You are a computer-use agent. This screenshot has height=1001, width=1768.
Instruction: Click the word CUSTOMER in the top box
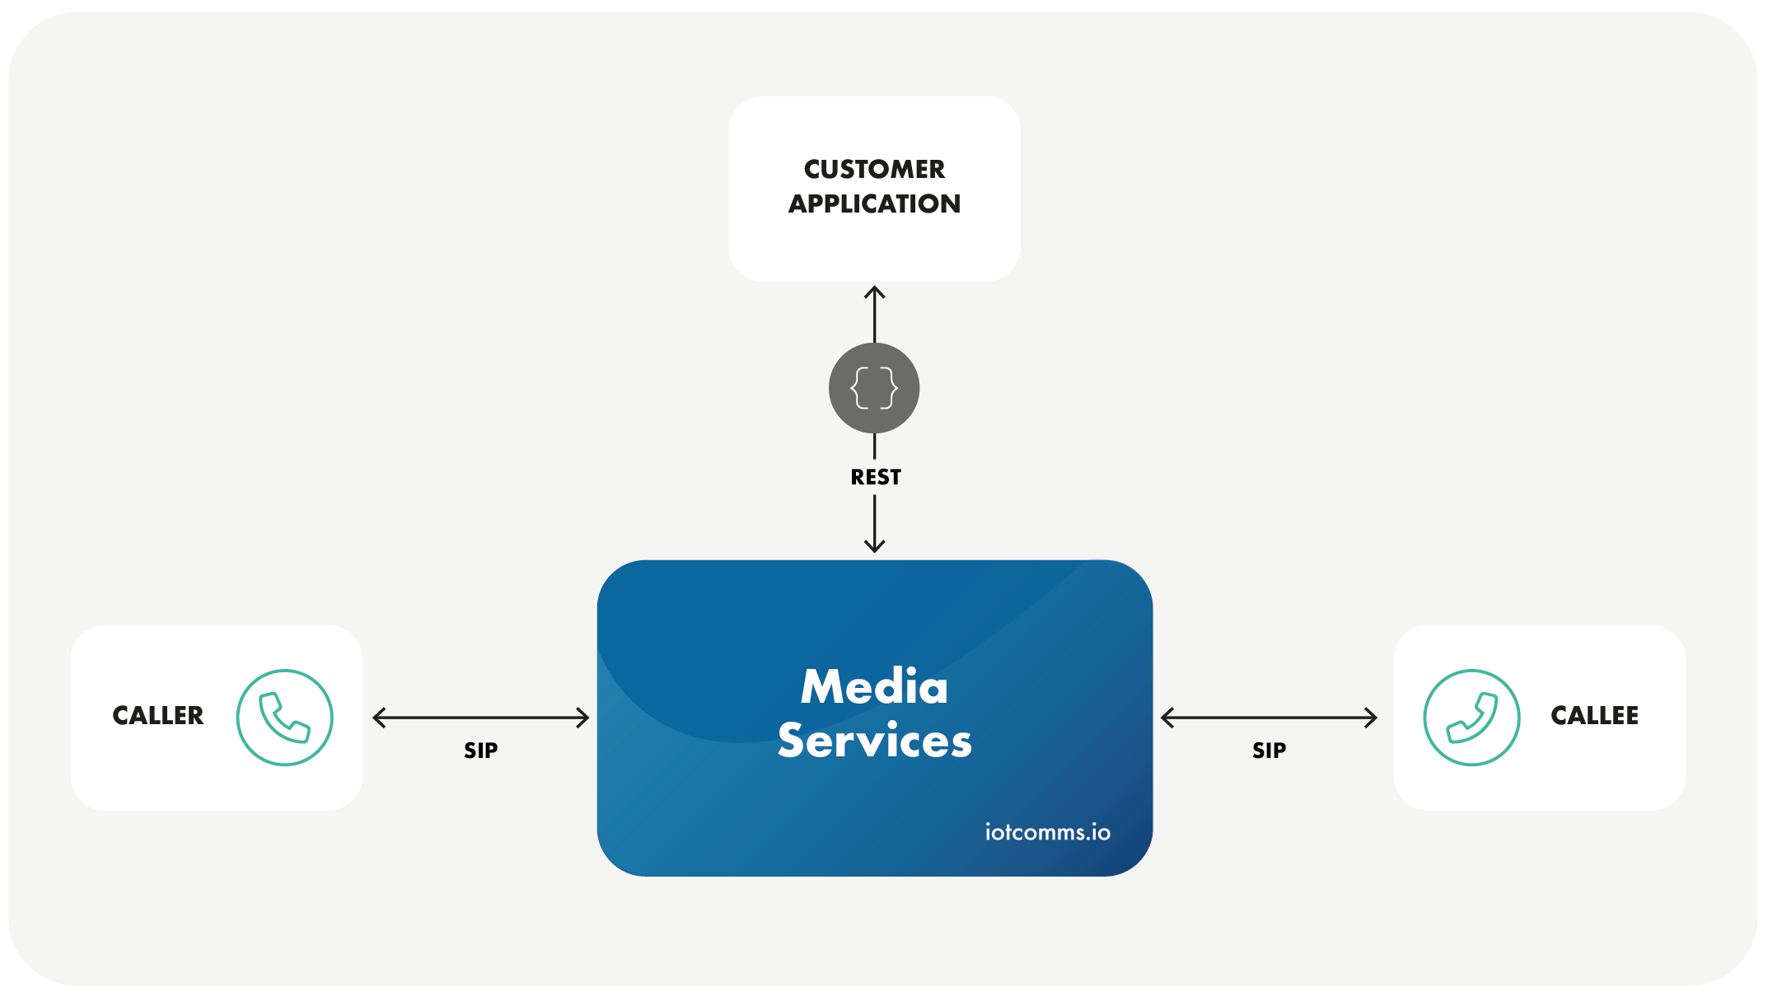tap(874, 170)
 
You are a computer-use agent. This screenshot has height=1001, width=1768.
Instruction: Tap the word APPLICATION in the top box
tap(874, 204)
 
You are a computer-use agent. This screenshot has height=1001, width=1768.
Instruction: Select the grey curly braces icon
tap(874, 388)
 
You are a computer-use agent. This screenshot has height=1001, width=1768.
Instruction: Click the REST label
tap(875, 478)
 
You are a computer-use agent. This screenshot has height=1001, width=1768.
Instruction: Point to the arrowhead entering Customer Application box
tap(874, 292)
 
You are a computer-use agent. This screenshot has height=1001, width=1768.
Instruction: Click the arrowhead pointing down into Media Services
tap(874, 545)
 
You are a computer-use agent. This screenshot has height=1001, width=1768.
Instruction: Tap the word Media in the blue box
tap(874, 687)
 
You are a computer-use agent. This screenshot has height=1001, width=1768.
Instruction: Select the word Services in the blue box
tap(874, 740)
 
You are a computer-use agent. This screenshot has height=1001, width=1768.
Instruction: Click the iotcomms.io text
tap(1047, 832)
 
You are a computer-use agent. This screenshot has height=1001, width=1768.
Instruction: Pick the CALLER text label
tap(158, 716)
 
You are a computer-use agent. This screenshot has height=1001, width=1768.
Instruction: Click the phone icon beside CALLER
tap(285, 718)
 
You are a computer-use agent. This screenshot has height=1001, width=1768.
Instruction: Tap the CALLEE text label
tap(1594, 716)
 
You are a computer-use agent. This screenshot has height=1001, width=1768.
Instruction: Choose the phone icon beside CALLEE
tap(1471, 718)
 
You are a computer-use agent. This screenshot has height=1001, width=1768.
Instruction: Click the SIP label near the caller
tap(481, 751)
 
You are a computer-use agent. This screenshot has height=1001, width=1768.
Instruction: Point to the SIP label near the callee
tap(1269, 751)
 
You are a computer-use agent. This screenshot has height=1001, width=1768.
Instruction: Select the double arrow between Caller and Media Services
tap(481, 718)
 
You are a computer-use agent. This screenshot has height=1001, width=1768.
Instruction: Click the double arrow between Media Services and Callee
tap(1269, 718)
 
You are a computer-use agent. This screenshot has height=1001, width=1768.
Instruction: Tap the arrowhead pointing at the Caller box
tap(379, 718)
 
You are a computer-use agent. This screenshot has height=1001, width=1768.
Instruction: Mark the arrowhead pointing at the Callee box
tap(1371, 718)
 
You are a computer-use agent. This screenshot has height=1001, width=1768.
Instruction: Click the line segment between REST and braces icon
tap(874, 446)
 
